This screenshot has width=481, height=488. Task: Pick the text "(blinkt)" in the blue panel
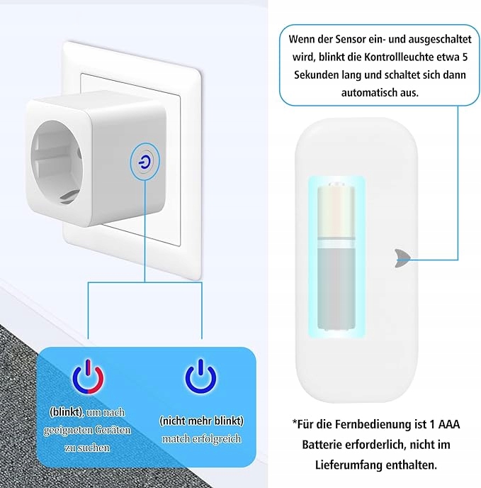(x=65, y=411)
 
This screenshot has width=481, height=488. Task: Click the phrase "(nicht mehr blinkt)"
(x=201, y=420)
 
